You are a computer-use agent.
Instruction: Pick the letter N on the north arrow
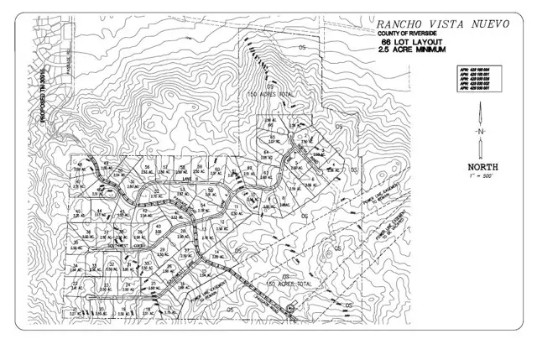pos(479,133)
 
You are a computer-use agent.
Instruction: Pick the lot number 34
pos(76,265)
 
